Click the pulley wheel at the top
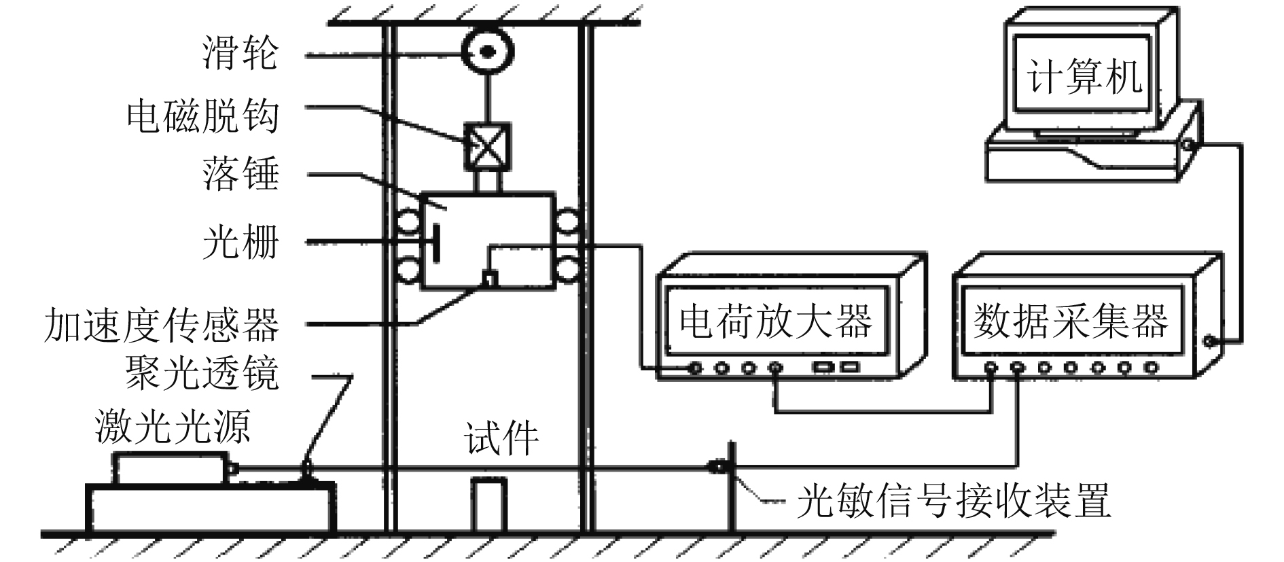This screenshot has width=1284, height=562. pos(488,51)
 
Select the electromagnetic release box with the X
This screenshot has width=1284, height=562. pos(486,146)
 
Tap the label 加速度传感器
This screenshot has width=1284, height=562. pos(162,324)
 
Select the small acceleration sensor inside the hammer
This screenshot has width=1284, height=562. pos(488,277)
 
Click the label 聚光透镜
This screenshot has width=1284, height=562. pos(202,372)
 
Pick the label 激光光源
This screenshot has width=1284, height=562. pos(173,427)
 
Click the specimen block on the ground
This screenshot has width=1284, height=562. pos(489,504)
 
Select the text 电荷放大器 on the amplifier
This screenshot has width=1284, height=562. pos(777,321)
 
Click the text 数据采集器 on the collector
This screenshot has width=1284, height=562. pos(1071,321)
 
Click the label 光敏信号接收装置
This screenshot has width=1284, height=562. pos(954,502)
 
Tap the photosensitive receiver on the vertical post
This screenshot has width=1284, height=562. pos(716,467)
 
